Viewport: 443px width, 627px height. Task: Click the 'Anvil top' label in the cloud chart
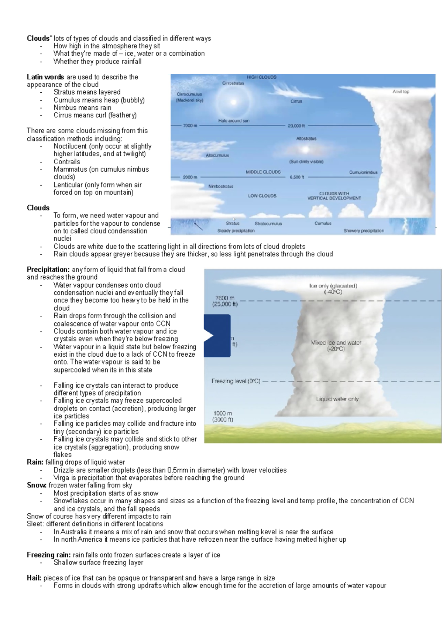(x=401, y=92)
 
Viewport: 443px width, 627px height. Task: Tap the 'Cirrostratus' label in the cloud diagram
(x=233, y=83)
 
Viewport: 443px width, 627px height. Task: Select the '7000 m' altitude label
(x=190, y=126)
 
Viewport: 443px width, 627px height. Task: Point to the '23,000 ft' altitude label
(x=296, y=126)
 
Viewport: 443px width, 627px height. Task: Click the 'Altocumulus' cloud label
(x=217, y=155)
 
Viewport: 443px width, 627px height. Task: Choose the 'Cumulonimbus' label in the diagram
(x=363, y=172)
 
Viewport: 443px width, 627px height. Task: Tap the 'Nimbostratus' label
(x=221, y=186)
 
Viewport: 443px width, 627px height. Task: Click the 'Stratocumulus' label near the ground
(x=268, y=223)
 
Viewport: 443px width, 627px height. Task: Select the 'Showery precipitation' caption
(x=364, y=231)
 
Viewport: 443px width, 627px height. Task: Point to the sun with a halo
(x=233, y=102)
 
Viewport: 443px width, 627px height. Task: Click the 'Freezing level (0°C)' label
(x=236, y=381)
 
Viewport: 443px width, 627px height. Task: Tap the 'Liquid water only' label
(x=337, y=399)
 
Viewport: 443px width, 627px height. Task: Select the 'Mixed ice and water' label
(x=336, y=343)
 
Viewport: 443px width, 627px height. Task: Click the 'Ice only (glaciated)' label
(x=333, y=286)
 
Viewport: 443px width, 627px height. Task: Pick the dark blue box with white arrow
(x=217, y=336)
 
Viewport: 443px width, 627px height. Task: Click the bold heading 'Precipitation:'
(x=48, y=270)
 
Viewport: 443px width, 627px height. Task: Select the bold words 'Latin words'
(x=45, y=77)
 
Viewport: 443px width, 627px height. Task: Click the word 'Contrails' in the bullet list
(x=67, y=162)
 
